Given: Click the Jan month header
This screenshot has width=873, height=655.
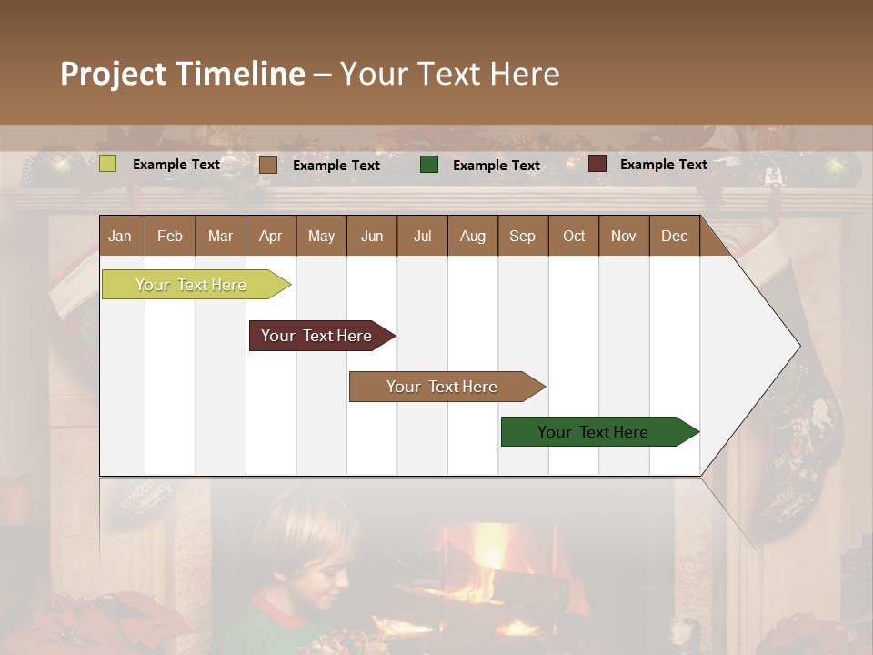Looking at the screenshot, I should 120,236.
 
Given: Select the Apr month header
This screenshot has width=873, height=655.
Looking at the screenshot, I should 270,236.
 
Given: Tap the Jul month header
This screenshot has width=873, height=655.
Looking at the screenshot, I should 422,236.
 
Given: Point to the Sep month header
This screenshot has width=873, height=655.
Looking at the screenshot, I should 522,236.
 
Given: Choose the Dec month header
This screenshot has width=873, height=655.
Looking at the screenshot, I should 674,236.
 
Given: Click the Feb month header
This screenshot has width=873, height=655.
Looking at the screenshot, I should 170,236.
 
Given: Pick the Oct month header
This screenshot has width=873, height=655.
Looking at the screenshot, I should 574,236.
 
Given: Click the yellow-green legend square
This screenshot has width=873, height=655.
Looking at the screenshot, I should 108,164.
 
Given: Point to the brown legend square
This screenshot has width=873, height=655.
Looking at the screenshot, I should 268,165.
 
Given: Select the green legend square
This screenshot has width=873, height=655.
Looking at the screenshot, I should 429,165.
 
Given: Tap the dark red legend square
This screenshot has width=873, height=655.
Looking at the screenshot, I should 597,164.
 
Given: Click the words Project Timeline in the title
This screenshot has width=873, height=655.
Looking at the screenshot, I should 183,74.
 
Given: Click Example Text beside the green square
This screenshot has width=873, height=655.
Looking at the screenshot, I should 496,166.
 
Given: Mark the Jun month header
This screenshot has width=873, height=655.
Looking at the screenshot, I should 372,236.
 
